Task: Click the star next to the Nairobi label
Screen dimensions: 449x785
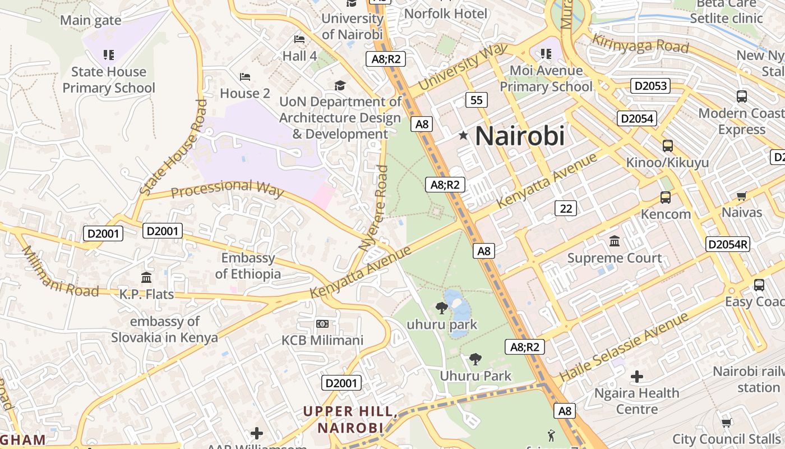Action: coord(463,135)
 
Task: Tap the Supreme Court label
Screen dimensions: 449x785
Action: coord(615,258)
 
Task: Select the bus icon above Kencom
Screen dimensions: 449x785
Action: coord(666,198)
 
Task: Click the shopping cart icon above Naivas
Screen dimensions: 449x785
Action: coord(742,196)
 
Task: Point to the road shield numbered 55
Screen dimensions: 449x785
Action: coord(476,100)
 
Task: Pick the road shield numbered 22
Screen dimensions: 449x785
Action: coord(566,208)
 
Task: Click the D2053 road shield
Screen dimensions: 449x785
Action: coord(650,86)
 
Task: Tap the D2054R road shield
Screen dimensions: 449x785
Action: coord(728,244)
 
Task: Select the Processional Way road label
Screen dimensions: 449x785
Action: coord(227,189)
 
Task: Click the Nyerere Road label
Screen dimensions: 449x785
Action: coord(374,208)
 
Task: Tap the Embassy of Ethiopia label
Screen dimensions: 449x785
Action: coord(248,266)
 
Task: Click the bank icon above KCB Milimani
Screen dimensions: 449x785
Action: coord(322,324)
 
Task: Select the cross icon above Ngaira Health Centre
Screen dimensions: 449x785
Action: coord(637,376)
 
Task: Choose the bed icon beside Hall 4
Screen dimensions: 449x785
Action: coord(299,39)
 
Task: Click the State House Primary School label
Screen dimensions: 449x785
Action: coord(109,80)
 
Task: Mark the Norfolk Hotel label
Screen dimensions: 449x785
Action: coord(446,13)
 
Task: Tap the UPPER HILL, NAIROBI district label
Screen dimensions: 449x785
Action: coord(350,419)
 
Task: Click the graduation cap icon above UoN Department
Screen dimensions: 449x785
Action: coord(340,86)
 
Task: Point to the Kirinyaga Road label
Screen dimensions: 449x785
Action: coord(640,43)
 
